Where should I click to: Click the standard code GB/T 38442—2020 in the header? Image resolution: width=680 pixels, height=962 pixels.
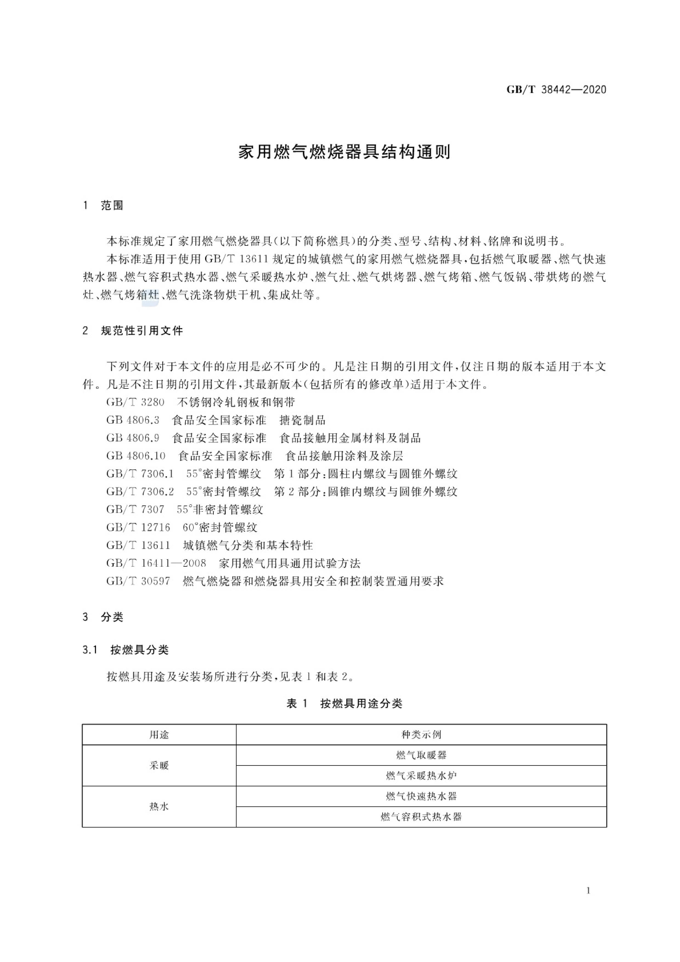(x=556, y=90)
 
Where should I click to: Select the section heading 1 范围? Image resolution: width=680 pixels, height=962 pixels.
(x=103, y=205)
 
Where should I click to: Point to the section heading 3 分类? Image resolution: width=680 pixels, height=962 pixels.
(x=103, y=617)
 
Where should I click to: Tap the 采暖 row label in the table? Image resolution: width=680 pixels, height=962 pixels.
(x=159, y=765)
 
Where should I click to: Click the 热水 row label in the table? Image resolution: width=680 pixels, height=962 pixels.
(x=159, y=807)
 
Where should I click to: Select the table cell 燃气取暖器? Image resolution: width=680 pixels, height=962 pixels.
(x=421, y=755)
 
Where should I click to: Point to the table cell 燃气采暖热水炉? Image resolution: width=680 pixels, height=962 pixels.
(x=421, y=776)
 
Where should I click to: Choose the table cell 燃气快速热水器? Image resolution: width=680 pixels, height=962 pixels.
(x=421, y=796)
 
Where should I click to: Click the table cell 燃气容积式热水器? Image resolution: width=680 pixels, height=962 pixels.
(x=421, y=816)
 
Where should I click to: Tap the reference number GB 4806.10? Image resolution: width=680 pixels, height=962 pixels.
(x=136, y=456)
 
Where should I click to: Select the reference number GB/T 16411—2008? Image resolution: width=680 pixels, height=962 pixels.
(x=156, y=563)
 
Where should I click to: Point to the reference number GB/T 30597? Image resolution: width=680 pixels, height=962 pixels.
(x=138, y=581)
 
